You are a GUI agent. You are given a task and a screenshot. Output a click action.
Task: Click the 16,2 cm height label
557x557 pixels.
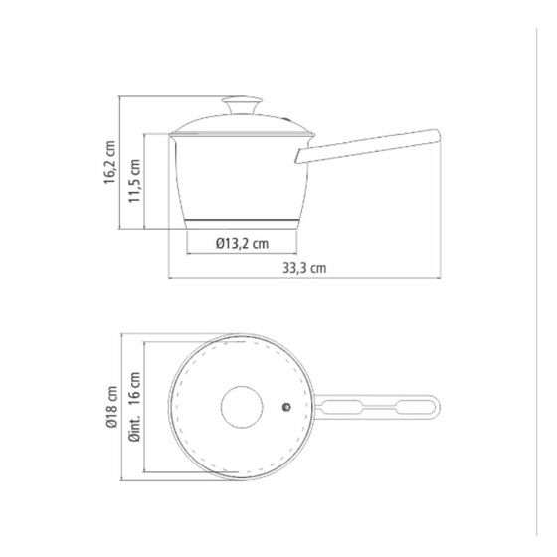pos(110,162)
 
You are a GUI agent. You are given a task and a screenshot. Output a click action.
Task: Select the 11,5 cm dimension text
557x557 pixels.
pos(134,181)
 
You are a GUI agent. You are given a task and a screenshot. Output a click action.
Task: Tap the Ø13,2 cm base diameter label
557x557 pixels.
pos(242,244)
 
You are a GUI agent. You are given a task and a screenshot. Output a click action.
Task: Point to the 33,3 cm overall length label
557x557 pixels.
pos(304,268)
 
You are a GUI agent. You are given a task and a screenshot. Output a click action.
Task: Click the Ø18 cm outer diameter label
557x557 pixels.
pos(111,407)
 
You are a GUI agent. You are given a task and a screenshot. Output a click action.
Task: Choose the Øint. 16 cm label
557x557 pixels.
pos(135,407)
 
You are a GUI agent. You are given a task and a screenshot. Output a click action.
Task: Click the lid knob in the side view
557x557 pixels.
pos(242,105)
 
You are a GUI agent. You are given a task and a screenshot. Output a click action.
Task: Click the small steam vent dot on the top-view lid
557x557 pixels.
pos(286,407)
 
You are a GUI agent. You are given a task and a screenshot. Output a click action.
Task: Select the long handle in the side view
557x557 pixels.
pos(368,146)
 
